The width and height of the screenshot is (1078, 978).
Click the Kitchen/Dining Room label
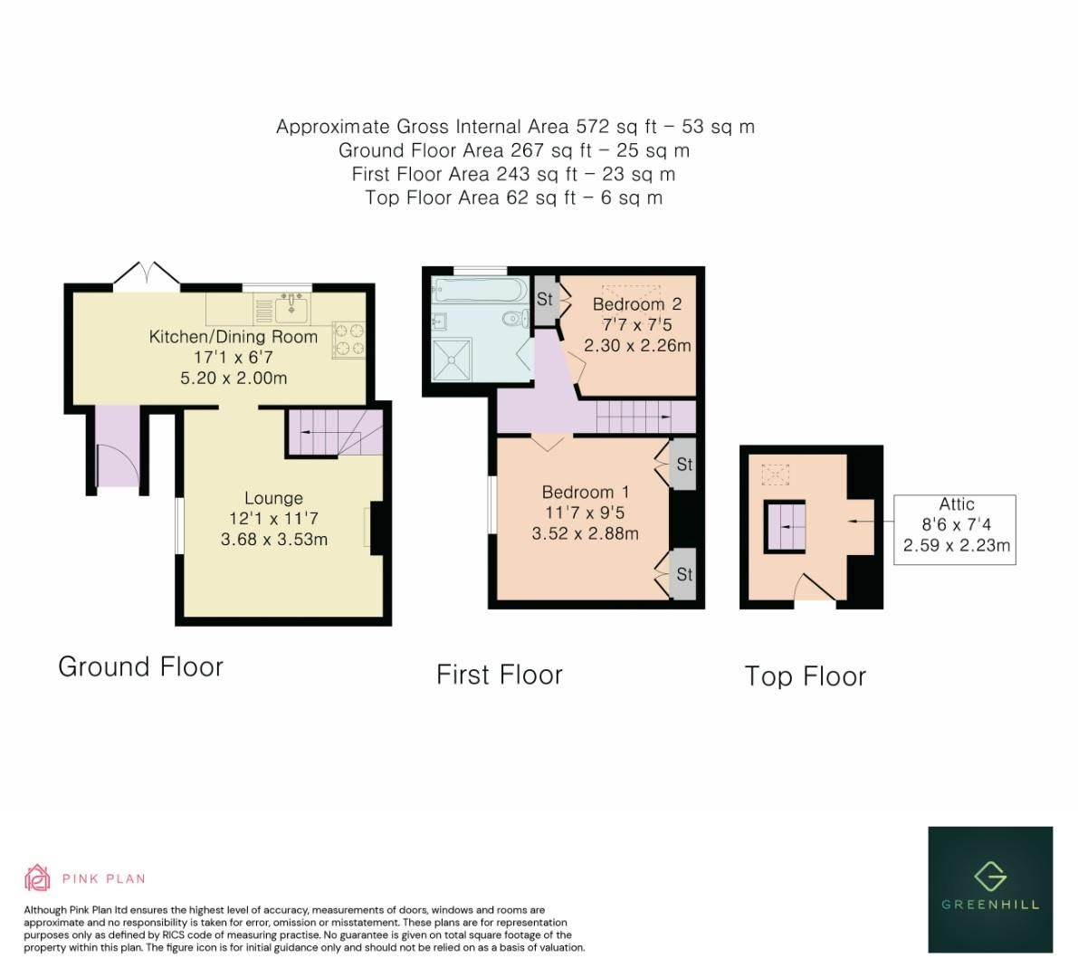coord(234,337)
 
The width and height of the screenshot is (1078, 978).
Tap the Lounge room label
coord(273,498)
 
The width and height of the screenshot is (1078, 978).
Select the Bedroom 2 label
coord(637,304)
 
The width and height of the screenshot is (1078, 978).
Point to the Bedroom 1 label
coord(585,492)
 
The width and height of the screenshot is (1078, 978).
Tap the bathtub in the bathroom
coord(475,291)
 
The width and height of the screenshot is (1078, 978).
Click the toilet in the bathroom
coord(514,318)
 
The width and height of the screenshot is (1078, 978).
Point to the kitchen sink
coord(291,309)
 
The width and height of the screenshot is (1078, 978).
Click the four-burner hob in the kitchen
coord(348,339)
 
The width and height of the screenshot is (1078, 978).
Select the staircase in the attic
coord(785,525)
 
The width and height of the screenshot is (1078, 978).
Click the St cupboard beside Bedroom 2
coord(545,298)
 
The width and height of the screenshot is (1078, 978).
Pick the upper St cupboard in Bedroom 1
coord(683,464)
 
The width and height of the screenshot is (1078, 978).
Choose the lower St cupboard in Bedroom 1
coord(683,574)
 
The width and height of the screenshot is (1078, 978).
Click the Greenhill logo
coord(990,888)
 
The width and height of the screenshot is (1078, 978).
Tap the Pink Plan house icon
coord(37,877)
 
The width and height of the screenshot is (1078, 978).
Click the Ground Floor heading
coord(140,666)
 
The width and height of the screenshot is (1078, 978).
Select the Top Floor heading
coord(805,676)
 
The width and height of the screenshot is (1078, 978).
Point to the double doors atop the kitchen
coord(147,274)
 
